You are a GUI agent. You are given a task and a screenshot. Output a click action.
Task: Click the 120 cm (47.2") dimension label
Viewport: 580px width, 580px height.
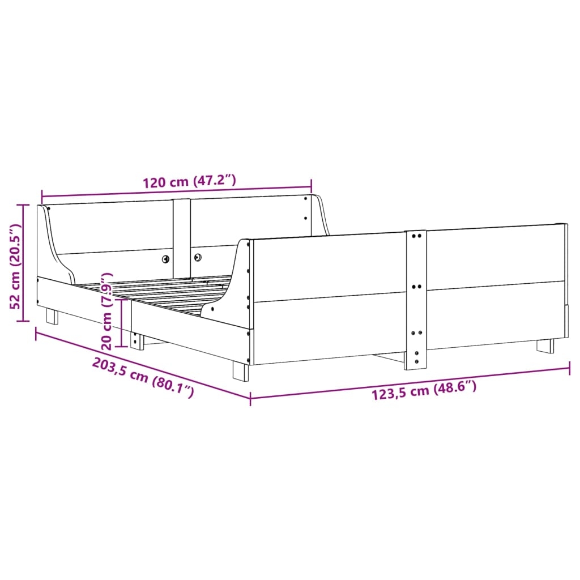pos(189,182)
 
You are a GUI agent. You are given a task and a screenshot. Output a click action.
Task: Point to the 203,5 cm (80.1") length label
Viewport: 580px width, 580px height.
pos(143,378)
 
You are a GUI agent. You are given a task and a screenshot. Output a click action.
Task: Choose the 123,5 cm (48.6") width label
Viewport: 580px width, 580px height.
pos(424,391)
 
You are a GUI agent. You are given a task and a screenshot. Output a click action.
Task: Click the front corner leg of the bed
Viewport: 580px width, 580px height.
pos(241,371)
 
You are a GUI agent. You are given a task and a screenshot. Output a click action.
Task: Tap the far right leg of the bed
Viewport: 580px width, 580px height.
pos(545,346)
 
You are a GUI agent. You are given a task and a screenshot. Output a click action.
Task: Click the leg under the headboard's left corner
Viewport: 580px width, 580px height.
pos(52,317)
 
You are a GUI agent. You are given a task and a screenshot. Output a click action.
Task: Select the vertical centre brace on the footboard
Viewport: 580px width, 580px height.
pos(415,300)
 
